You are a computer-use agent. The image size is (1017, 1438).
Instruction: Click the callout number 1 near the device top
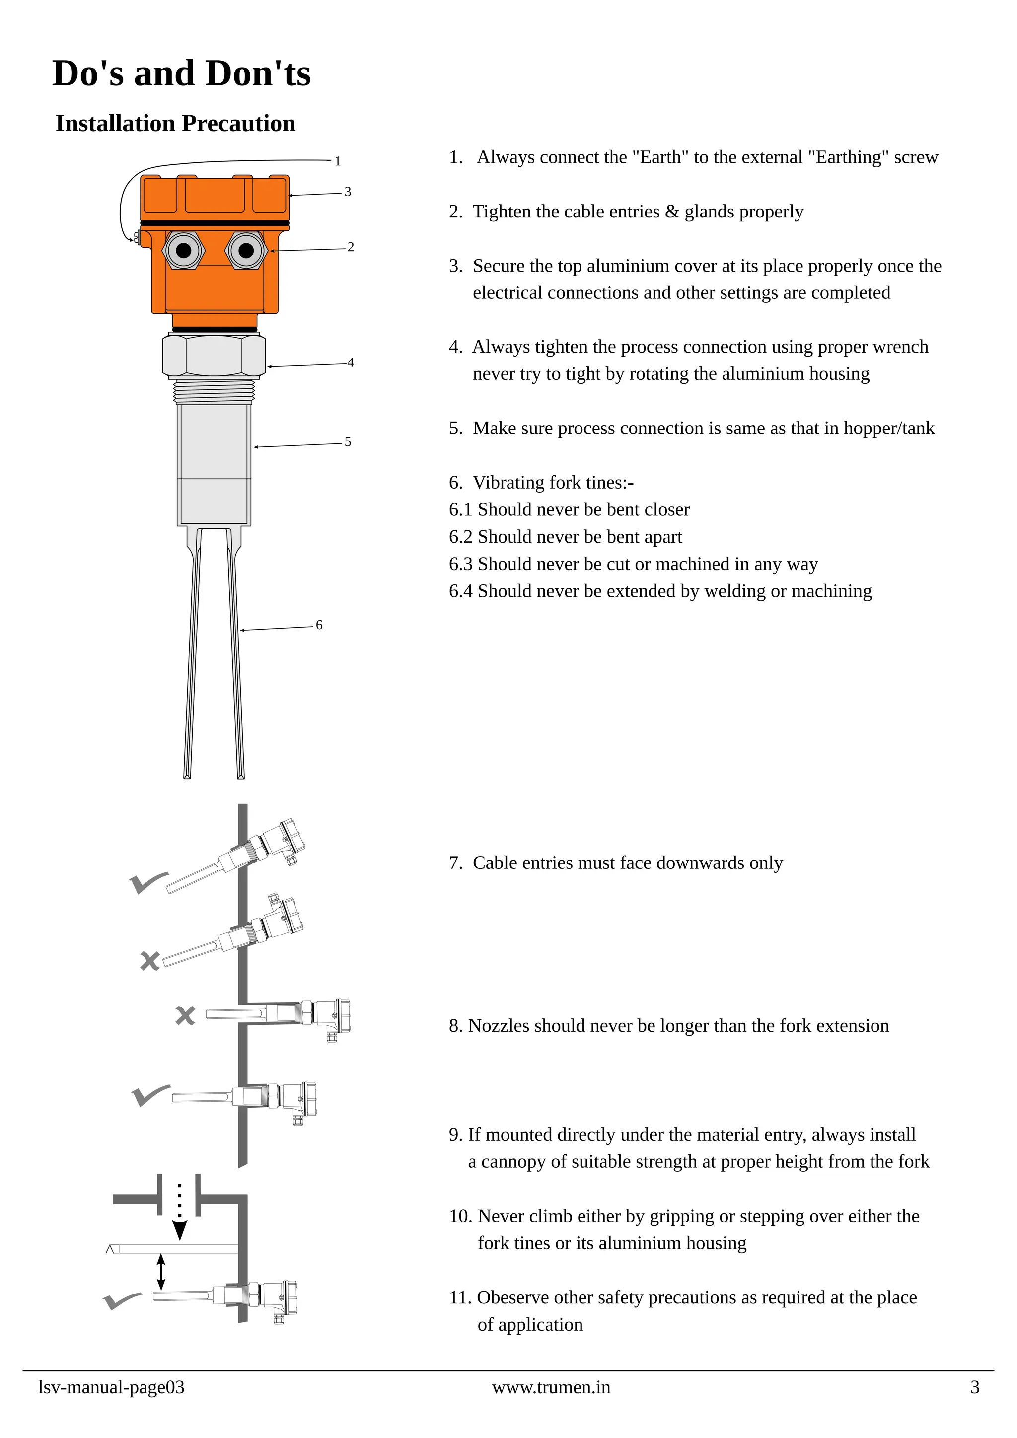click(x=338, y=161)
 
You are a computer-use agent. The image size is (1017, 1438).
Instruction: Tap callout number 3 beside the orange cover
click(x=348, y=192)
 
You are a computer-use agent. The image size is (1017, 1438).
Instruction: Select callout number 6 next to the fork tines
click(x=319, y=625)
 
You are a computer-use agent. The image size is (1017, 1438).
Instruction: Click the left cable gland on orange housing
click(x=183, y=251)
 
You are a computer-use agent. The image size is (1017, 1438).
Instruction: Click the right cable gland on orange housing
click(x=246, y=251)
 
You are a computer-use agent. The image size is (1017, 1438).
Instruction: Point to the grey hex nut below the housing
click(x=214, y=356)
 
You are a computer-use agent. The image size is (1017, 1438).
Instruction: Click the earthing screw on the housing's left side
click(x=137, y=237)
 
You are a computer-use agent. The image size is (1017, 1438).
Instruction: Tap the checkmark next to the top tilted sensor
click(x=148, y=882)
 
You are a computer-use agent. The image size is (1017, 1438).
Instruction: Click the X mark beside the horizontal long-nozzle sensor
click(x=185, y=1015)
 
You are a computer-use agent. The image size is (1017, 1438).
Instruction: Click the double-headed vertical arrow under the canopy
click(x=161, y=1272)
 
